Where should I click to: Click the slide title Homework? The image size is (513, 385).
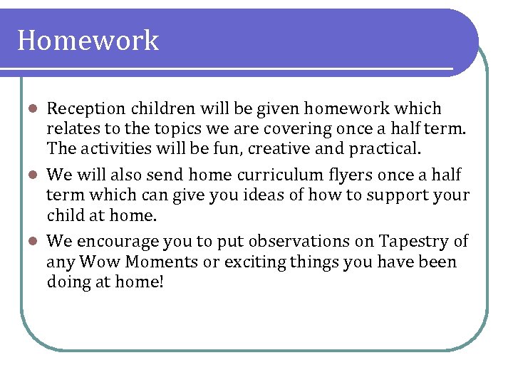click(x=88, y=41)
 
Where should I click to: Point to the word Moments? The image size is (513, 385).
click(x=162, y=262)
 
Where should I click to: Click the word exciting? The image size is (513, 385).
click(x=254, y=262)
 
